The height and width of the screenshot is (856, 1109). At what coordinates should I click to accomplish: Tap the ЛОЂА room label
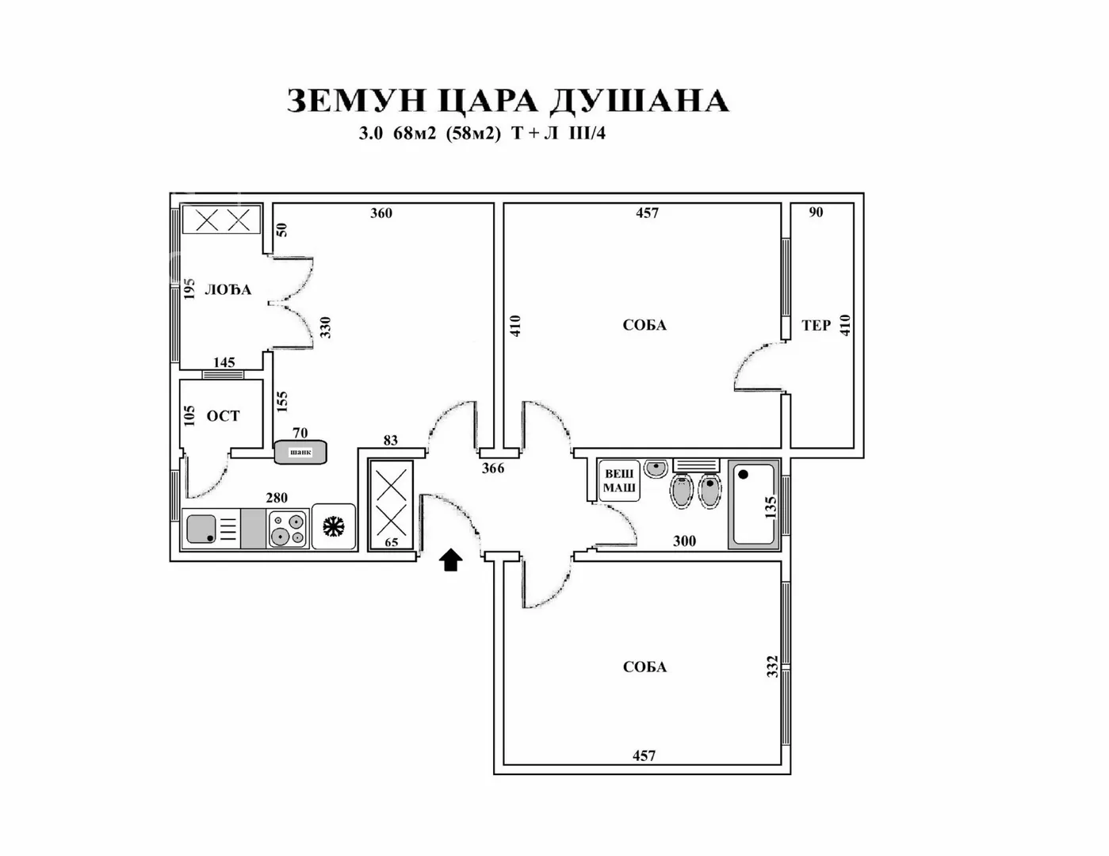tap(228, 290)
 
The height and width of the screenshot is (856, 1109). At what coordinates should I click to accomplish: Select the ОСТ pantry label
tap(223, 416)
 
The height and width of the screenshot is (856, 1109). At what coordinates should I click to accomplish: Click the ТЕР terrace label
tap(816, 325)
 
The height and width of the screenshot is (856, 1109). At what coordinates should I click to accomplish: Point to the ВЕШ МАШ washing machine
tap(619, 480)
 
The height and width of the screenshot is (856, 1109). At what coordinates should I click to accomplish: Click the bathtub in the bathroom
tap(753, 504)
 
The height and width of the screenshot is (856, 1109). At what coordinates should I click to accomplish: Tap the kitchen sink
tap(201, 528)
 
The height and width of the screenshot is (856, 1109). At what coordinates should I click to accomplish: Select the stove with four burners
tap(288, 529)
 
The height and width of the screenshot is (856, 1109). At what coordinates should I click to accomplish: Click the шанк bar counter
tap(300, 452)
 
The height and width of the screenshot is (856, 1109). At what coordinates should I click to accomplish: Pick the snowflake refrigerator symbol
tap(334, 526)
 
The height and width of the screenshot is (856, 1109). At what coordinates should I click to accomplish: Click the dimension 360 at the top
tap(381, 213)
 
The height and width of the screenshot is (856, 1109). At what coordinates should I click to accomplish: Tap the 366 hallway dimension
tap(493, 468)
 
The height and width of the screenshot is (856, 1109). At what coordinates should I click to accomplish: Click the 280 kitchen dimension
tap(277, 498)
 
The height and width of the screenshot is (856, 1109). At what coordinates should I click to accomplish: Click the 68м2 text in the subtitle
tap(415, 134)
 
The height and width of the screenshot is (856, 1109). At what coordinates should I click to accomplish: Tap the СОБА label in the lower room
tap(644, 667)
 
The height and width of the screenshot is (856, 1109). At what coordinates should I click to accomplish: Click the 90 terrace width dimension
tap(816, 212)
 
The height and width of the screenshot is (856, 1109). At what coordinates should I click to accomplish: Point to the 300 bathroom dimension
tap(684, 541)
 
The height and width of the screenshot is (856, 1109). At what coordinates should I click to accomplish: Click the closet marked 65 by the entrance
tap(391, 504)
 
